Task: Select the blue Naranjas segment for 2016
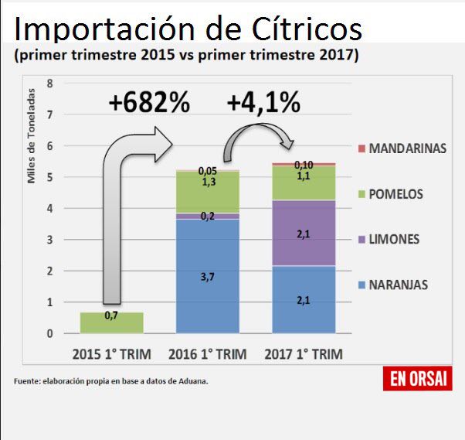206,276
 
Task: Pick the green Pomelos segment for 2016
206,193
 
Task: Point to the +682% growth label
149,104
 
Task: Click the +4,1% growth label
263,103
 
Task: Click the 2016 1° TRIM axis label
207,355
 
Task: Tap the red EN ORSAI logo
417,379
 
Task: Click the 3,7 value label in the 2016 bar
206,276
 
